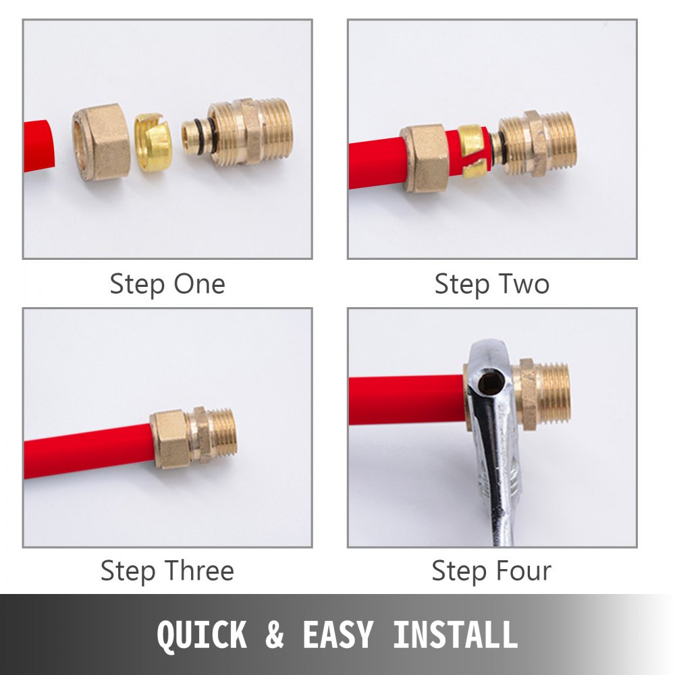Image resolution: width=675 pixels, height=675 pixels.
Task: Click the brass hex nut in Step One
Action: (x=101, y=142)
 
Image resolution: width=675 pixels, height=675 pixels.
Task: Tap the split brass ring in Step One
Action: (x=153, y=142)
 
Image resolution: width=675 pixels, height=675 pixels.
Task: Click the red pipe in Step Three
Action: (x=88, y=451)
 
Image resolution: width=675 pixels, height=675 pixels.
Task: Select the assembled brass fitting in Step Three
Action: (x=193, y=437)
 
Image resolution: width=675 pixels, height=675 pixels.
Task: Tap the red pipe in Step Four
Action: (x=405, y=400)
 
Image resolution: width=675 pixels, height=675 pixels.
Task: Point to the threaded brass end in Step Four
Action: (x=555, y=394)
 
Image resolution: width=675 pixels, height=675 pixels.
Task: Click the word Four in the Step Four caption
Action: (x=521, y=571)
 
